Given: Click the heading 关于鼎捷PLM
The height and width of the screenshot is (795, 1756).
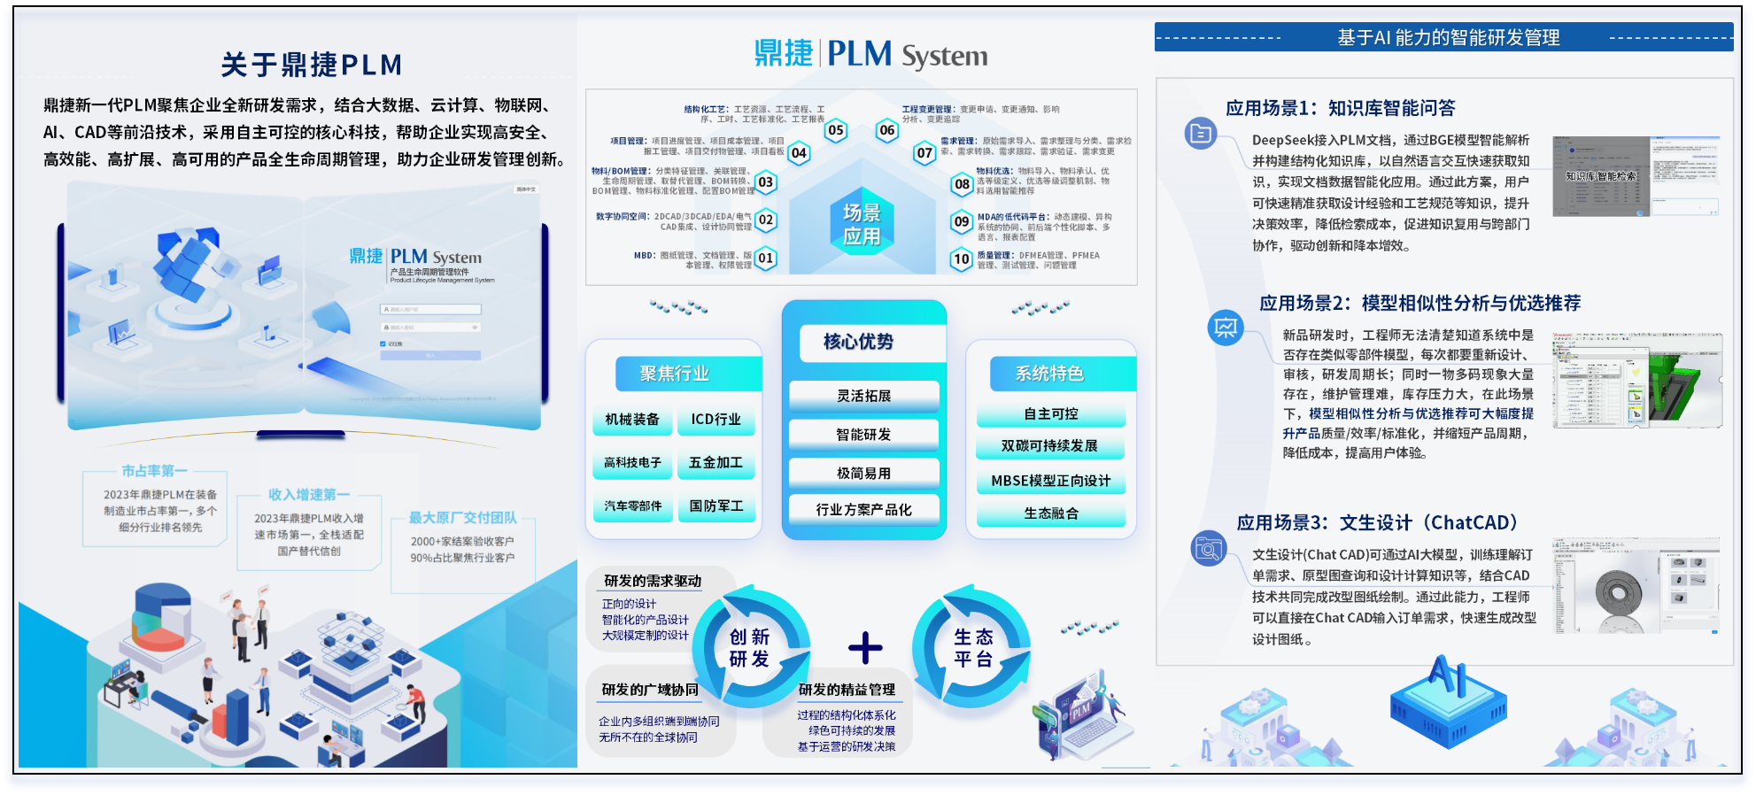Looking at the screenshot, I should (312, 65).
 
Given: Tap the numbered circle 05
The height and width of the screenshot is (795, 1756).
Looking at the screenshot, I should (835, 131).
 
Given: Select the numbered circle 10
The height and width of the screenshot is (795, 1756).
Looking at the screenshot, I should (962, 259).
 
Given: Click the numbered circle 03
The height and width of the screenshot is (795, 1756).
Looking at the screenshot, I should (765, 182).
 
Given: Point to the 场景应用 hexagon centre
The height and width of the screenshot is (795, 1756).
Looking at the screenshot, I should (862, 223).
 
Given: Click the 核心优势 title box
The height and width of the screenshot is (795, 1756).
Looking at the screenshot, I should (858, 342).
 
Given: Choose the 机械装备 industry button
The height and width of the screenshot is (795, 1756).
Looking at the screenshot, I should (632, 420).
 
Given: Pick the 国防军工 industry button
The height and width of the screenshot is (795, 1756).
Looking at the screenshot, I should (716, 506).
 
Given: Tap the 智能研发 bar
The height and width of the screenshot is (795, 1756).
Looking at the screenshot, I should (863, 435).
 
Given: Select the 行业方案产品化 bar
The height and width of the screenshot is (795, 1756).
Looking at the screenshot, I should (863, 510).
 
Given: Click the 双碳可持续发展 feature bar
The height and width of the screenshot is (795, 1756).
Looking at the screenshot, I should (1049, 446).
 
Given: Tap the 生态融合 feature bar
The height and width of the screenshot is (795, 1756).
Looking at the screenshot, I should (1050, 513).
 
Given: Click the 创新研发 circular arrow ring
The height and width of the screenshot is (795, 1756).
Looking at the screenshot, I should (750, 648).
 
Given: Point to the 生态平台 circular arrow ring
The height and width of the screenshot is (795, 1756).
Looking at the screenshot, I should (973, 648).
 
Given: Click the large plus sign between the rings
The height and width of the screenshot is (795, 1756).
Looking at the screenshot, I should (865, 648).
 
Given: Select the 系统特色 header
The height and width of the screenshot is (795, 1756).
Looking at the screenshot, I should (1049, 374).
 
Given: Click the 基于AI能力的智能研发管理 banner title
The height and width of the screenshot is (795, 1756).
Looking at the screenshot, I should (1448, 38).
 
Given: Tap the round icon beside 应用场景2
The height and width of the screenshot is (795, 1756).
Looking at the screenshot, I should (1226, 328).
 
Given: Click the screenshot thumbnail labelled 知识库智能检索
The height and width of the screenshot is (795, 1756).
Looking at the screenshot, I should (1601, 176).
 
